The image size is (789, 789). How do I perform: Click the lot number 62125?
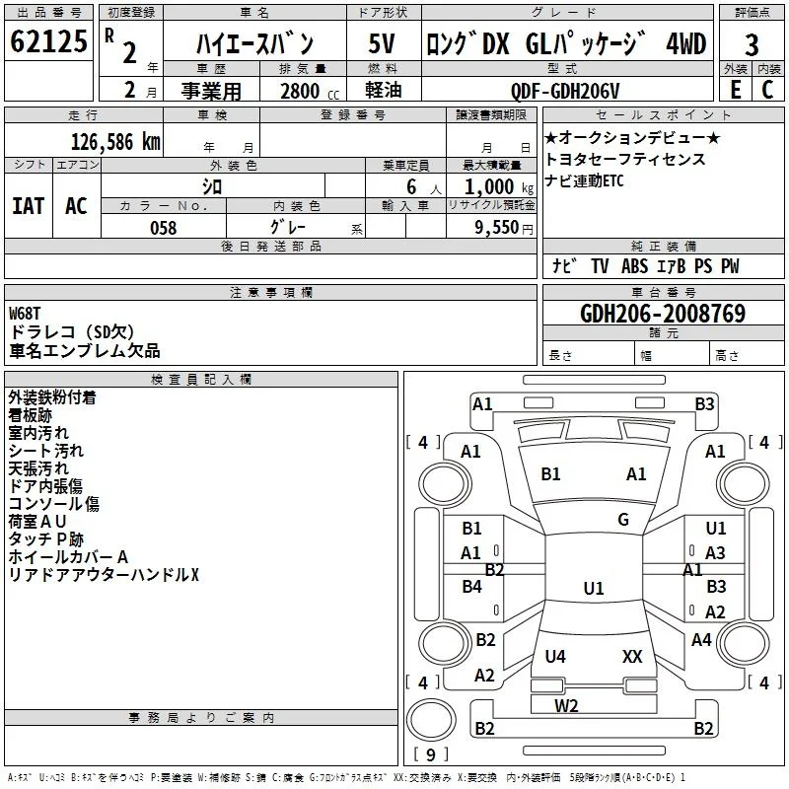click(x=48, y=41)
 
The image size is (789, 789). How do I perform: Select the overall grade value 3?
click(x=752, y=45)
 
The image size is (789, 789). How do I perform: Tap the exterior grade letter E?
click(x=736, y=90)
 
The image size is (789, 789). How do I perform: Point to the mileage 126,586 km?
click(x=115, y=142)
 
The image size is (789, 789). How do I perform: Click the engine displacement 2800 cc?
click(x=310, y=91)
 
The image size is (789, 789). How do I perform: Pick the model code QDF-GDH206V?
click(x=565, y=91)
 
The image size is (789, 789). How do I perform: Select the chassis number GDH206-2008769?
click(x=663, y=314)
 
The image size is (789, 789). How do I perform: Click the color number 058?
click(x=164, y=228)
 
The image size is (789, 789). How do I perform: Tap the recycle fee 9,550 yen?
click(x=504, y=228)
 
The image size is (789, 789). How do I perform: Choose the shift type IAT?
click(x=29, y=206)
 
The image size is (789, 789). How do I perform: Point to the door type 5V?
click(x=382, y=43)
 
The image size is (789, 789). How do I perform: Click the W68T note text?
click(x=25, y=314)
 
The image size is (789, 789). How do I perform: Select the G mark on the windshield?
click(x=623, y=520)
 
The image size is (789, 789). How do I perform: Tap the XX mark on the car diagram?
click(x=632, y=656)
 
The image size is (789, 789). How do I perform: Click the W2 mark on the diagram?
click(x=566, y=706)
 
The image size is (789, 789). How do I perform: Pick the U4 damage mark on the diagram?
click(x=555, y=656)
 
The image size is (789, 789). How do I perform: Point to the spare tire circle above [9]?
click(x=431, y=720)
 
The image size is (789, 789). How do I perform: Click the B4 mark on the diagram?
click(x=472, y=586)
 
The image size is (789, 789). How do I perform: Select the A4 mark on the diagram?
click(x=701, y=639)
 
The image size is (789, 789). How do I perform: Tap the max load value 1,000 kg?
click(x=499, y=187)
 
